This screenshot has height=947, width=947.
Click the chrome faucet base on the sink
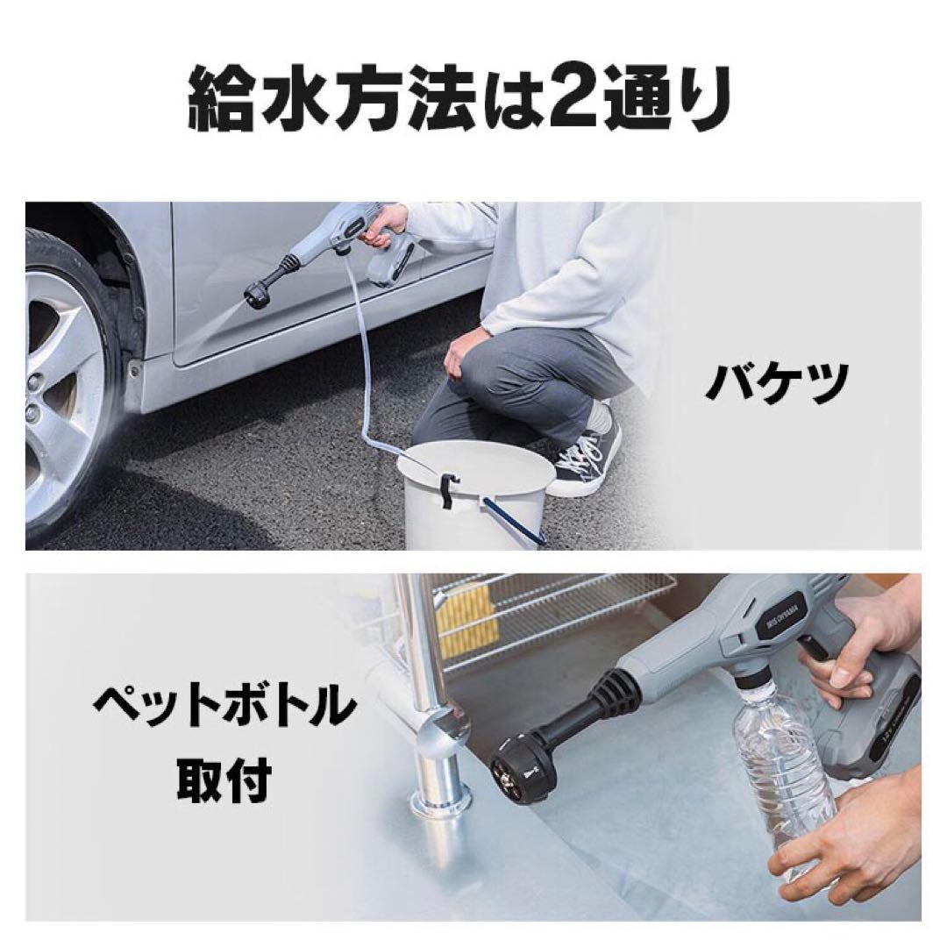point(443,802)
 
